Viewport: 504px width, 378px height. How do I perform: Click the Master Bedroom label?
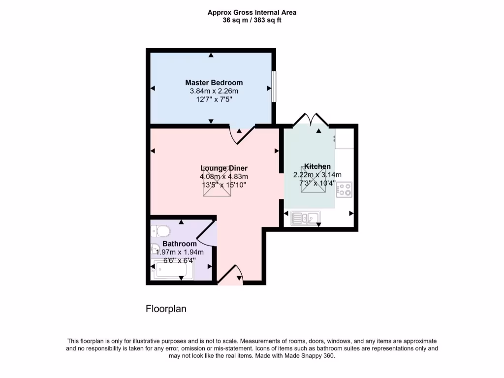click(214, 83)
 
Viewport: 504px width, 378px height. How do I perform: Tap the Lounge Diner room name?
click(223, 168)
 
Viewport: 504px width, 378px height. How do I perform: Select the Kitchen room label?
click(317, 166)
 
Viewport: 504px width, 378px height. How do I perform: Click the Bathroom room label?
click(180, 244)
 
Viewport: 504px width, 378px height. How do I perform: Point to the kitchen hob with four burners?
click(344, 189)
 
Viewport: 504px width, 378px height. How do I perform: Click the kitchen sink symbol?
click(305, 217)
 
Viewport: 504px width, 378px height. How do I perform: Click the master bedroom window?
click(274, 87)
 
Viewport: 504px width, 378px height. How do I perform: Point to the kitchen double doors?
click(311, 120)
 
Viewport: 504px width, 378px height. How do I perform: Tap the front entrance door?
click(230, 276)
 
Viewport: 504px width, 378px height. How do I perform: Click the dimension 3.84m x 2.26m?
click(214, 91)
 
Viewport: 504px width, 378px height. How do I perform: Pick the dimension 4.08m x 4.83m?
click(223, 177)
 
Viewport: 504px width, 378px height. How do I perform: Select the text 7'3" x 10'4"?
click(317, 183)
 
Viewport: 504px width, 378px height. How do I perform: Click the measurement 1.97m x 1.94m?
click(179, 252)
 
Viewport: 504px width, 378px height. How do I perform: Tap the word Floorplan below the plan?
click(166, 309)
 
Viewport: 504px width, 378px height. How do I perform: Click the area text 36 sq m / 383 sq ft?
click(252, 20)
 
